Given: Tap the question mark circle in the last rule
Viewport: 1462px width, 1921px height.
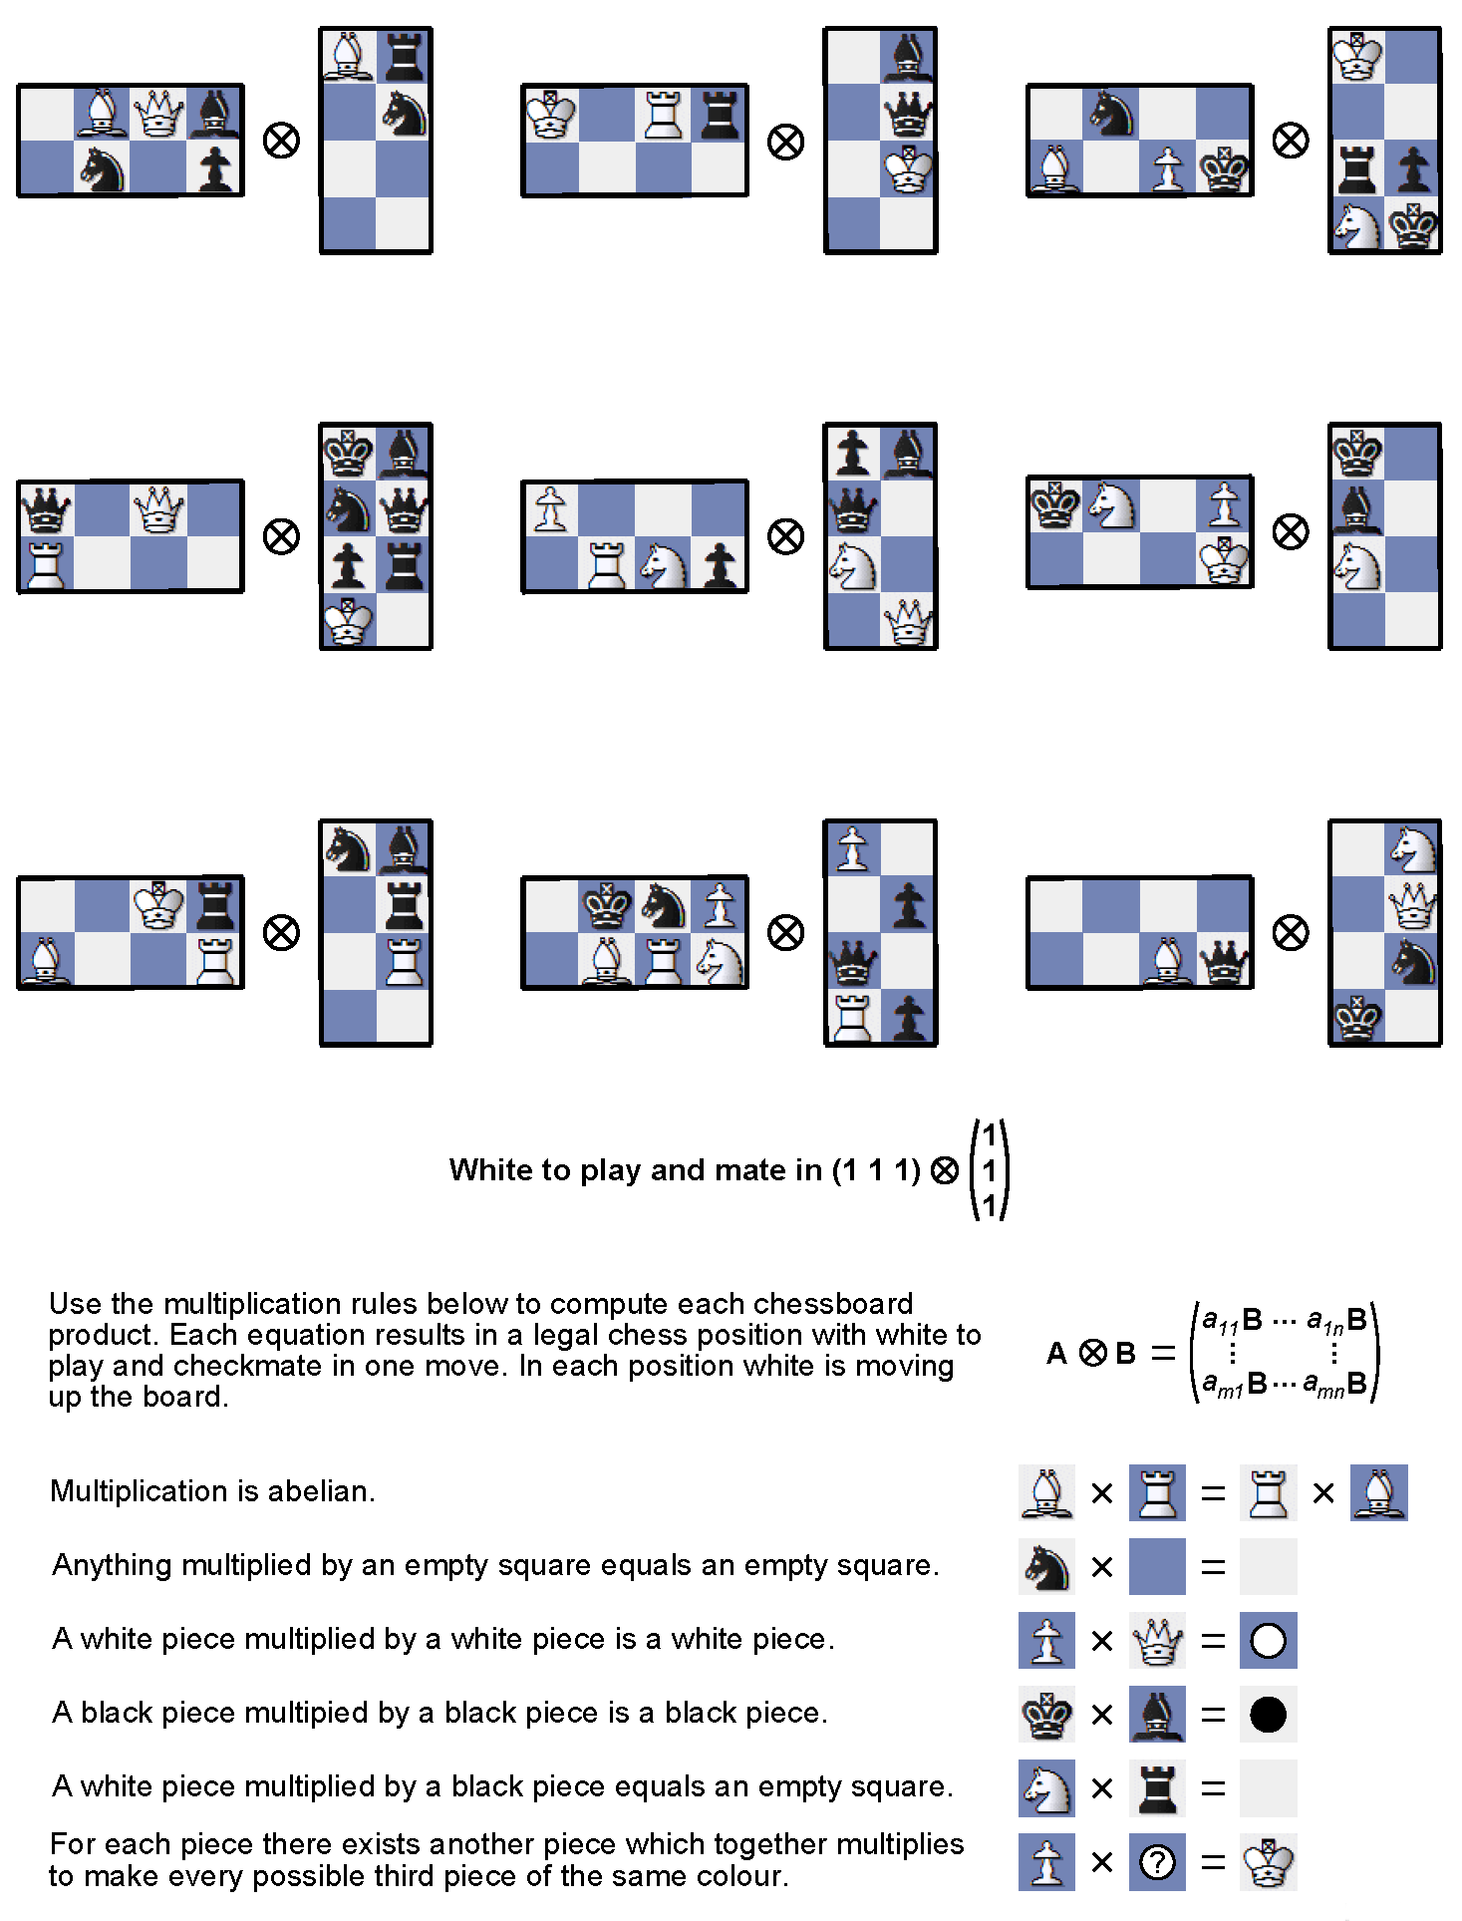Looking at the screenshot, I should [1157, 1862].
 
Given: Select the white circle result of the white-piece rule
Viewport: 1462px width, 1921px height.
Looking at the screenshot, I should [1268, 1641].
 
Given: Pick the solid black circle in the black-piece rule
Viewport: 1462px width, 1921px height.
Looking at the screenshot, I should [1268, 1715].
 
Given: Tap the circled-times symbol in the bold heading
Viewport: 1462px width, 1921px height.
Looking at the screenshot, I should [945, 1170].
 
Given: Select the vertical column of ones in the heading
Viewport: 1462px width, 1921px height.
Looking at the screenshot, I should [990, 1170].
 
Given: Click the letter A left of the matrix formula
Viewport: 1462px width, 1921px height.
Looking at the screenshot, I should [1056, 1354].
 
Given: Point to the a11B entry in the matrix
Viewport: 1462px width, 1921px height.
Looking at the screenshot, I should [1233, 1321].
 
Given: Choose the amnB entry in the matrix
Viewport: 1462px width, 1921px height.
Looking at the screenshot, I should [1335, 1384].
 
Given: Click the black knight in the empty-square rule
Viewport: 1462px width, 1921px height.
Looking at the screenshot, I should [1046, 1567].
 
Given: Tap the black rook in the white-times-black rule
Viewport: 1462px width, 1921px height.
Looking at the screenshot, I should [1157, 1788].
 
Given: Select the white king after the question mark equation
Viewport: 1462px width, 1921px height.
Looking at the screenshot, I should [1268, 1862].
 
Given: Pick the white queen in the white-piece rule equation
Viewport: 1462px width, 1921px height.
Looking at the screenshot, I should [1157, 1641].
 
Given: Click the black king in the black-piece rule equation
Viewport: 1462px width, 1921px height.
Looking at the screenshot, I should [1046, 1715].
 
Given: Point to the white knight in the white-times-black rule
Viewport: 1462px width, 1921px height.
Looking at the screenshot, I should [1046, 1788].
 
